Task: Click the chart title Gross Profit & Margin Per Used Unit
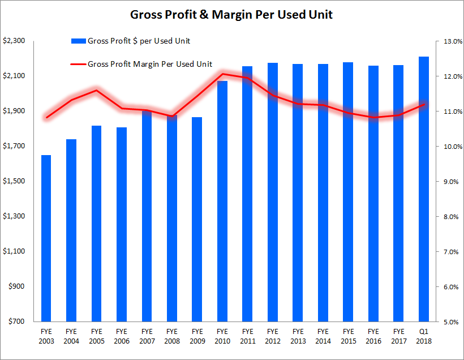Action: [x=231, y=15]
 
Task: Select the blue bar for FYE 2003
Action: [x=46, y=238]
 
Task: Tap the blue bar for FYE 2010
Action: [x=222, y=201]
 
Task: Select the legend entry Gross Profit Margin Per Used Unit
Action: [x=150, y=65]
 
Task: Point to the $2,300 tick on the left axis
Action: [x=14, y=41]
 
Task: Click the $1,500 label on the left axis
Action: [x=14, y=181]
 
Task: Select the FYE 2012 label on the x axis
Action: [x=272, y=335]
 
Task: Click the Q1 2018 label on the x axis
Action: [x=424, y=335]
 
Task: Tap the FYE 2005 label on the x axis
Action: [x=97, y=335]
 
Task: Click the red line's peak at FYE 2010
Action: [x=222, y=74]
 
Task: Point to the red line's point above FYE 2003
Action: [x=46, y=118]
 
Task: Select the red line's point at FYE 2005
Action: [x=97, y=90]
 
